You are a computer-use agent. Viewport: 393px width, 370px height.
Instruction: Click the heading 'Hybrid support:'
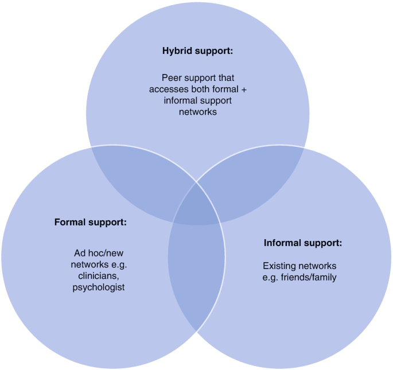197,50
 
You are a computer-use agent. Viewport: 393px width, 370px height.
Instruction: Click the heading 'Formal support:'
90,221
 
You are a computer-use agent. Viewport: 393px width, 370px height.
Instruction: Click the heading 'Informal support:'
303,243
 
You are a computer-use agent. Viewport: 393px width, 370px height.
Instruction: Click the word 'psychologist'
99,287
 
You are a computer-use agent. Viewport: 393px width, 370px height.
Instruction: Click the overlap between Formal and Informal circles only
196,270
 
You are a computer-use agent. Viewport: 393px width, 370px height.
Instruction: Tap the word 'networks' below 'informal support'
197,112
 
